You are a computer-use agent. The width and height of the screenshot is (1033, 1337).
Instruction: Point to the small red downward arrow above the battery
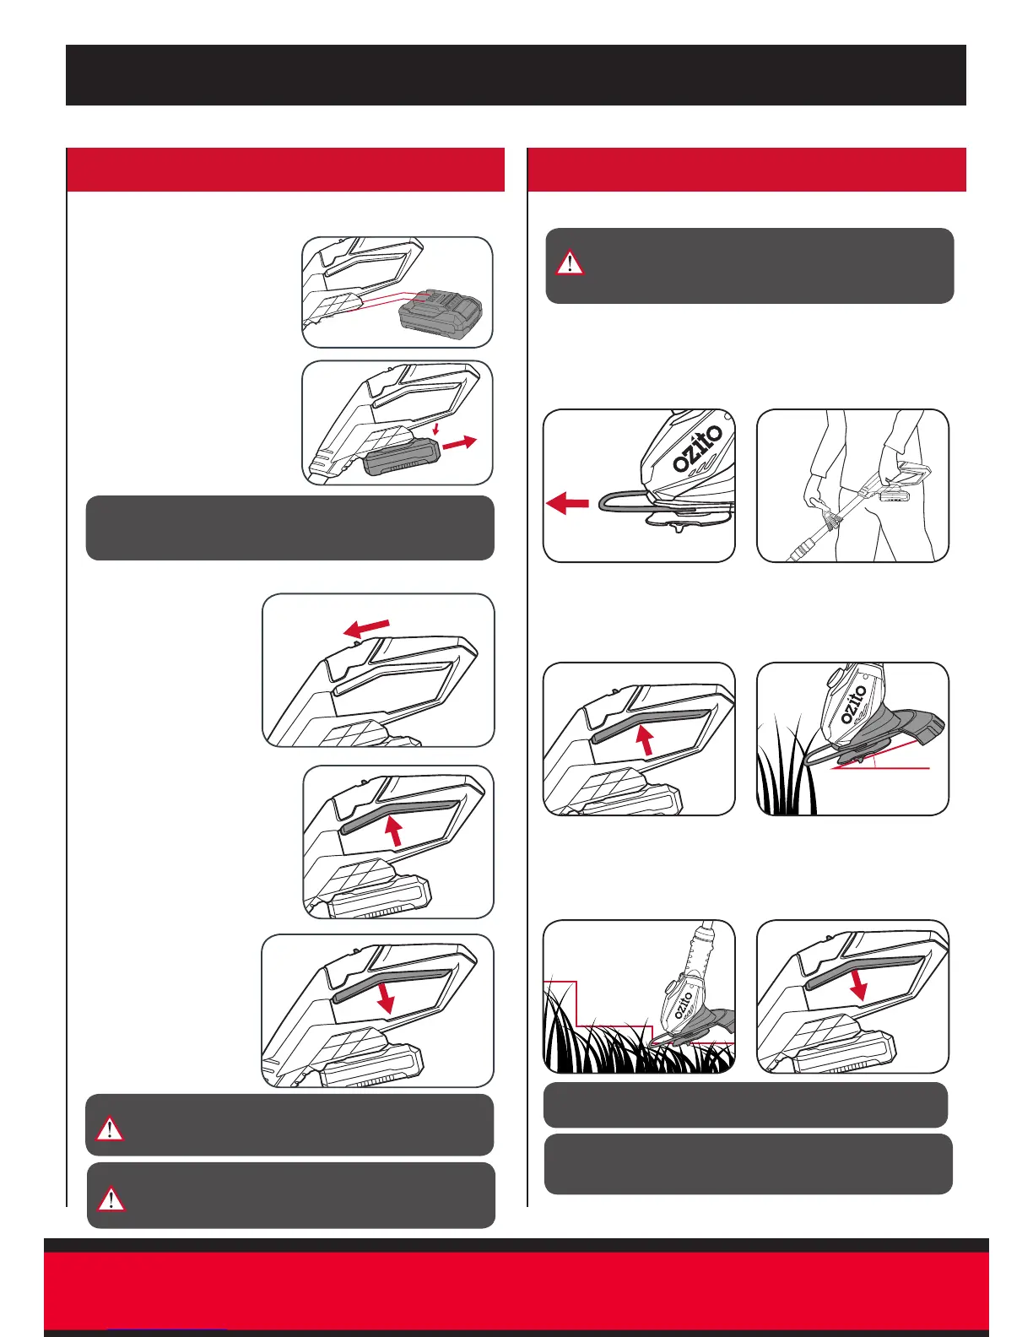435,428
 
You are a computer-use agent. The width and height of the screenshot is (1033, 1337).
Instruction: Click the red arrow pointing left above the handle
366,628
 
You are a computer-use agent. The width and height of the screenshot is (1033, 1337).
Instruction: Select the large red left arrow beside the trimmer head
567,503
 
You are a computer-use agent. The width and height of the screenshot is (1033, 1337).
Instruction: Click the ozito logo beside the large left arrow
697,449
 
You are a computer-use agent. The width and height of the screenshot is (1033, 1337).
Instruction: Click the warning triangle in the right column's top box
570,263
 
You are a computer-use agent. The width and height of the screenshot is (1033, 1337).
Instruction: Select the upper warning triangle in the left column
110,1129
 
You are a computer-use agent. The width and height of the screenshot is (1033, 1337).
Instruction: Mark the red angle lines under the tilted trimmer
880,756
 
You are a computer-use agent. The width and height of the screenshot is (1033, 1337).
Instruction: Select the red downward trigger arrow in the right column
857,987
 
